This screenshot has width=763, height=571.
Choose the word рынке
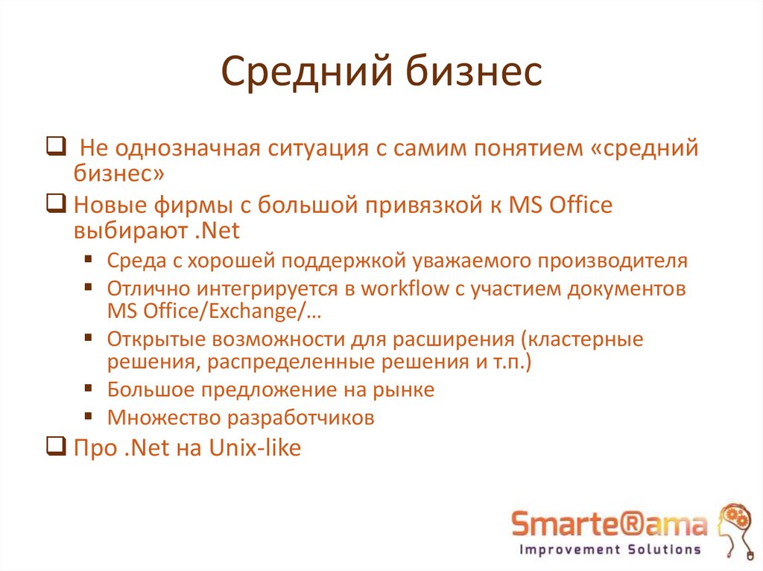pos(402,389)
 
